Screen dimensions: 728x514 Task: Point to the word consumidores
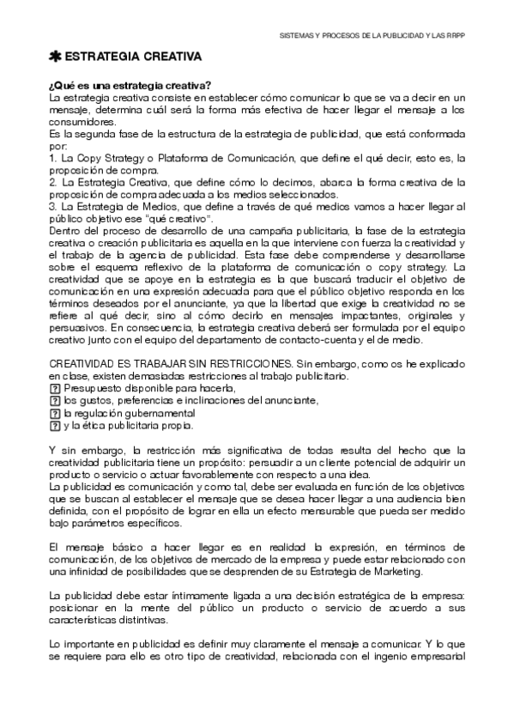click(82, 122)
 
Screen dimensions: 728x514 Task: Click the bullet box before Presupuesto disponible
click(55, 388)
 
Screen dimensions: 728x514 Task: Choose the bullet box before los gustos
click(55, 400)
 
